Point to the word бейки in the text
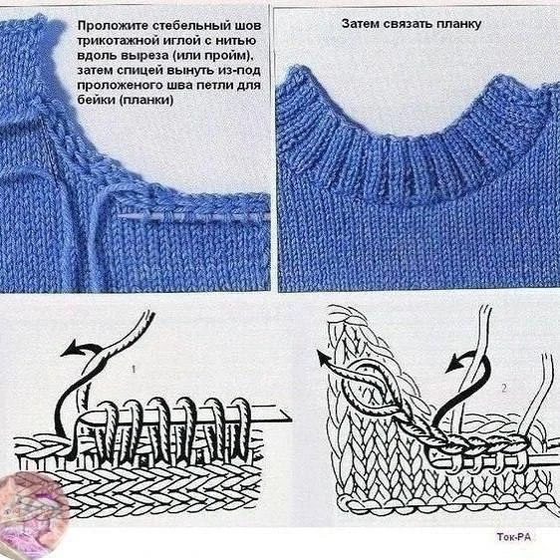pos(96,100)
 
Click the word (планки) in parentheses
pos(145,100)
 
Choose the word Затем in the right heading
pos(360,24)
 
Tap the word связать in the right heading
pos(408,24)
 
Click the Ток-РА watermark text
pos(514,537)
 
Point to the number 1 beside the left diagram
pos(134,369)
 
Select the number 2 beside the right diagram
pos(504,388)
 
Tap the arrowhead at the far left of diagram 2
pos(323,358)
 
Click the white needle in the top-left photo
pos(193,217)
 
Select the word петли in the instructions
pos(210,86)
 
